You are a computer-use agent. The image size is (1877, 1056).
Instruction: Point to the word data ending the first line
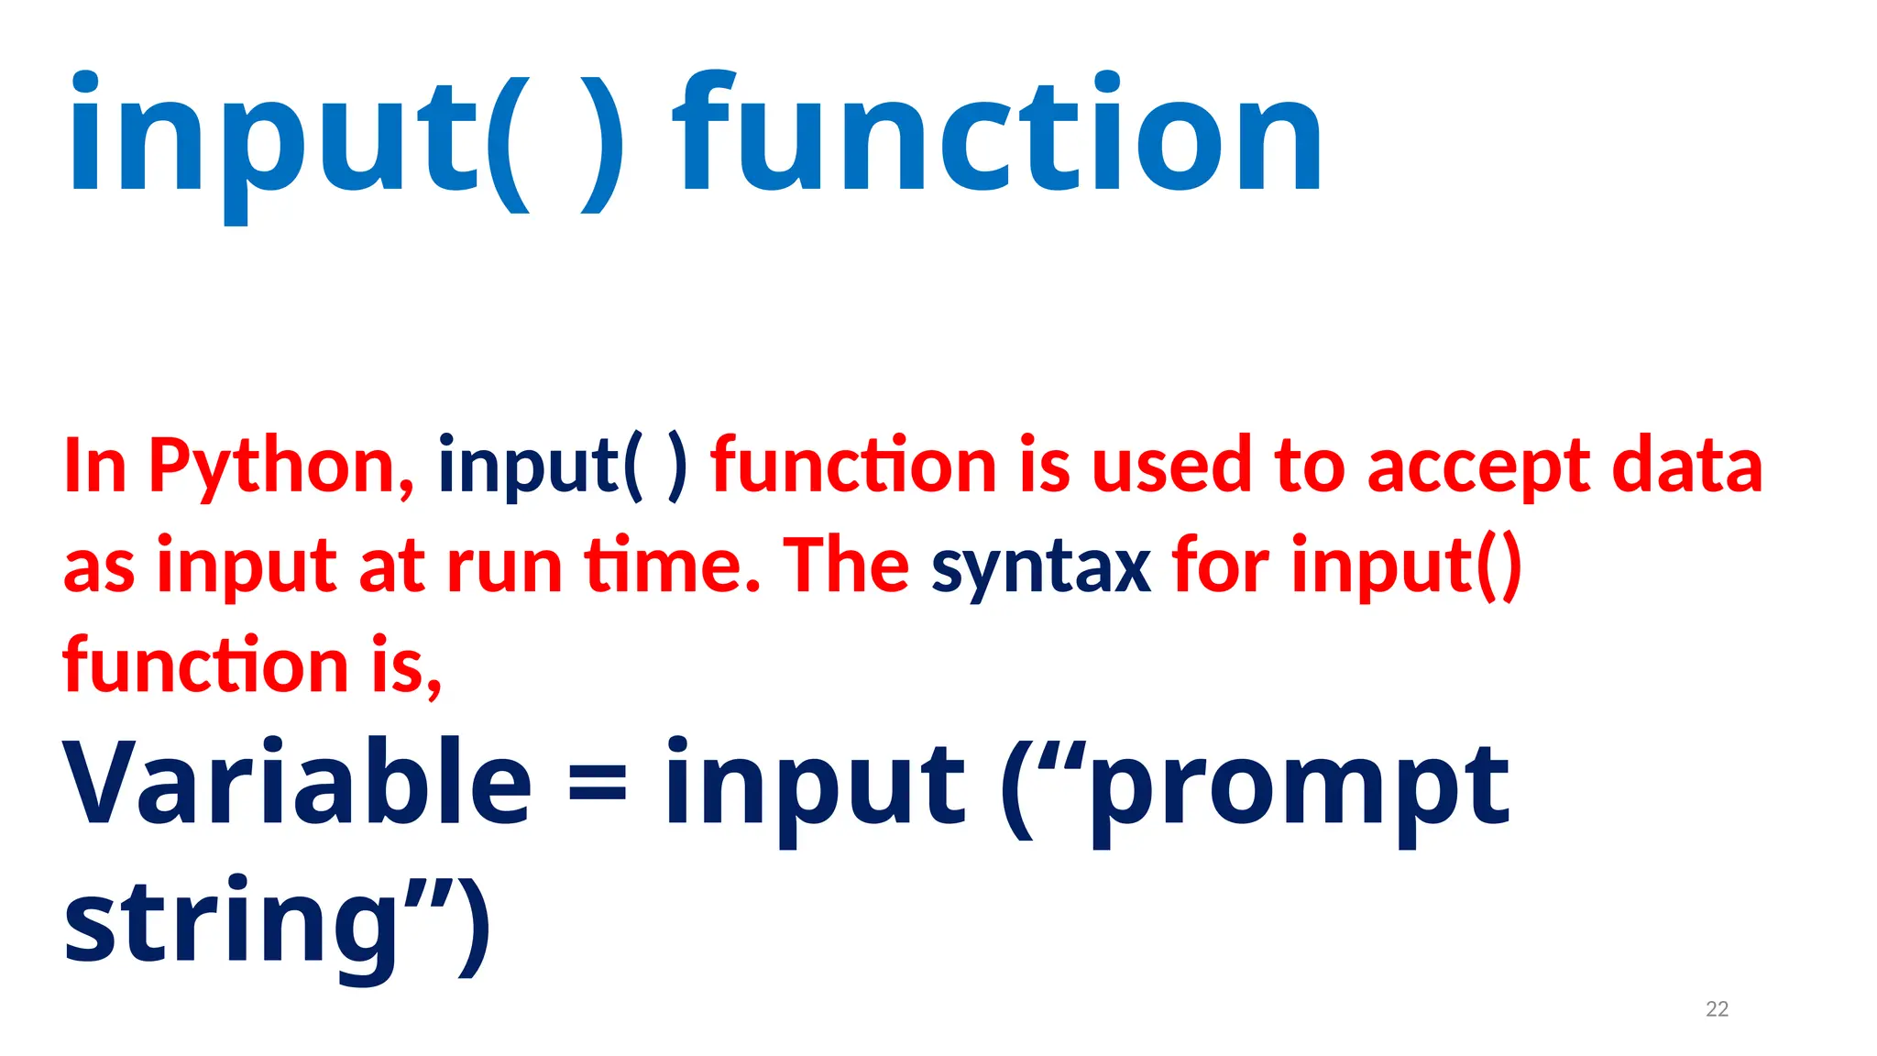[1686, 467]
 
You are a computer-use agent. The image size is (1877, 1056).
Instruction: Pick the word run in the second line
[504, 566]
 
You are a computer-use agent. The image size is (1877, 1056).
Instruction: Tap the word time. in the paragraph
[674, 566]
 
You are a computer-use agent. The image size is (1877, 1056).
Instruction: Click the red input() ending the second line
[1407, 566]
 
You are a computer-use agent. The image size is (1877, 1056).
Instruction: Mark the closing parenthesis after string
[474, 926]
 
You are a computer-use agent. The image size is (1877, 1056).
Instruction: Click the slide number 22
[1717, 1009]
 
